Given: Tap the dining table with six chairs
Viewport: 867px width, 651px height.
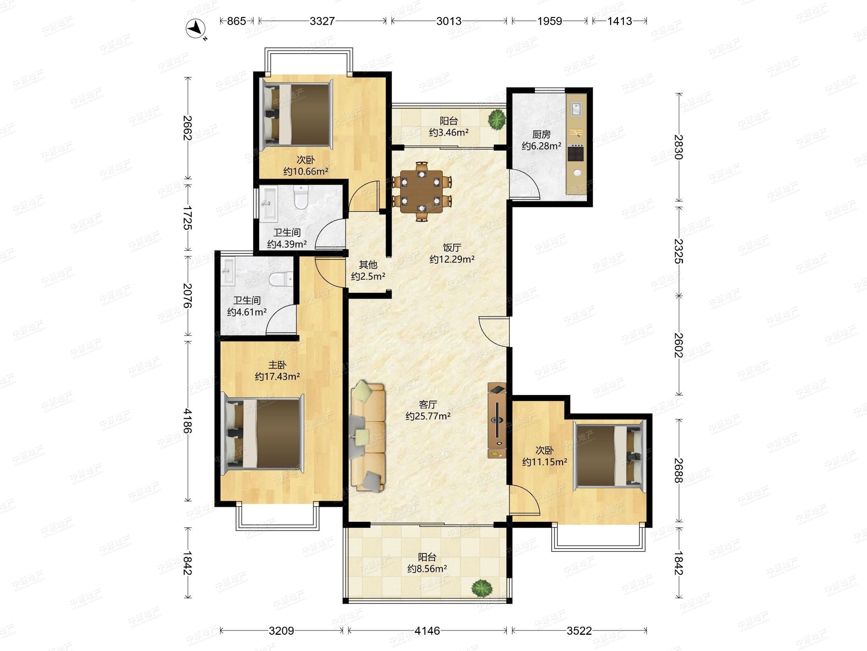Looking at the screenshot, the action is pos(422,191).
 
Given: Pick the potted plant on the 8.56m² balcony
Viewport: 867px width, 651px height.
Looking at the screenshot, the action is pos(482,588).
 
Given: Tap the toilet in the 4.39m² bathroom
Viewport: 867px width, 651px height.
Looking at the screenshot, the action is pos(301,197).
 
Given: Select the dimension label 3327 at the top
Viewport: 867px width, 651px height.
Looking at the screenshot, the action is pos(322,21).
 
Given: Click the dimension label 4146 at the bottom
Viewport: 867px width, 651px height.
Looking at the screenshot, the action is pos(427,631).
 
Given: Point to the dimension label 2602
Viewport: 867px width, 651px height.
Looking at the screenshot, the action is pos(678,345).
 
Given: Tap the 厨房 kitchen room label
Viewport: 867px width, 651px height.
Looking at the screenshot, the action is pos(541,135).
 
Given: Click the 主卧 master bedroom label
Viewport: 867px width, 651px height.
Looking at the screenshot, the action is pos(277,365).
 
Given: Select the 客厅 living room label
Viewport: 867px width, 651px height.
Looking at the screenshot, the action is pos(428,404).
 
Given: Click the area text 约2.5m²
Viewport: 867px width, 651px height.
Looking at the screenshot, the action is pos(368,276).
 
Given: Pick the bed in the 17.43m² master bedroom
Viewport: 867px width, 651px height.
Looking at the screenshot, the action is pos(264,434).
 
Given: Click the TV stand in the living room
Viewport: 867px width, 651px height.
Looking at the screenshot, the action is pos(497,420).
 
